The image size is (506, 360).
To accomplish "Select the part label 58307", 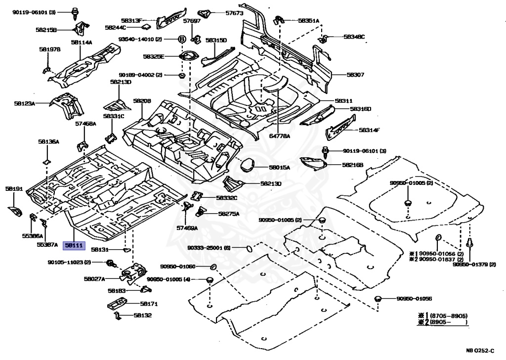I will (x=355, y=75).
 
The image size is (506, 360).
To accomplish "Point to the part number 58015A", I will (x=280, y=168).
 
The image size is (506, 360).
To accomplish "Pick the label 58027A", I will (x=94, y=279).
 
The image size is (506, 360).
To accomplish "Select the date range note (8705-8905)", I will (x=448, y=315).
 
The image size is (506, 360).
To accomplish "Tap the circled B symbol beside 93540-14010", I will (x=181, y=39).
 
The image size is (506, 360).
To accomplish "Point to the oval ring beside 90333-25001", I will (x=249, y=247).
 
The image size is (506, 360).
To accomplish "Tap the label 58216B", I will (x=353, y=165).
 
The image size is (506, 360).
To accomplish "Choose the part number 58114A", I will (x=82, y=43).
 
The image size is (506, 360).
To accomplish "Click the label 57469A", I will (x=187, y=228).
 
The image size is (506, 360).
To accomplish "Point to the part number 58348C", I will (x=354, y=37).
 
